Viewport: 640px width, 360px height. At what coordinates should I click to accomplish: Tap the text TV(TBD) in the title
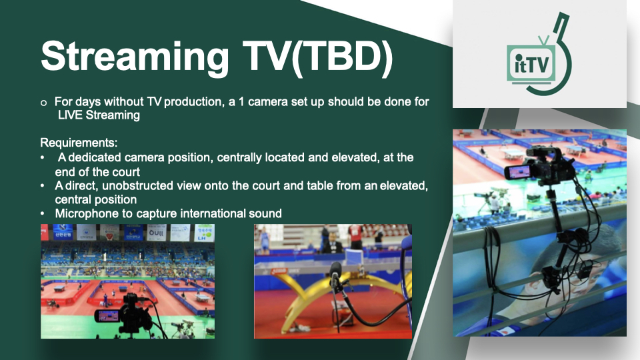pos(317,56)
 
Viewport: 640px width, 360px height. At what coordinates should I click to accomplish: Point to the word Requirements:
pos(79,143)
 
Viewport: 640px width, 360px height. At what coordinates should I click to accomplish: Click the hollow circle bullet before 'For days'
pos(44,103)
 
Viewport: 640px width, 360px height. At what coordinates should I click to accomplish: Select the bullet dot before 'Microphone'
pos(43,214)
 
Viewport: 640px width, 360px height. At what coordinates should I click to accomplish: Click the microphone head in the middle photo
pos(335,271)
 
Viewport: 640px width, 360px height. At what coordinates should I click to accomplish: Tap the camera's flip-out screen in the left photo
pos(107,316)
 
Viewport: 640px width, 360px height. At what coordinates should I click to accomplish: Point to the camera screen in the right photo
pos(517,172)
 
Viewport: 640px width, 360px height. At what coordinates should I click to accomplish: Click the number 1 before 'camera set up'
pos(241,101)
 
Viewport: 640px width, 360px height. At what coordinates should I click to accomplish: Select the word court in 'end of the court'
pos(127,172)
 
